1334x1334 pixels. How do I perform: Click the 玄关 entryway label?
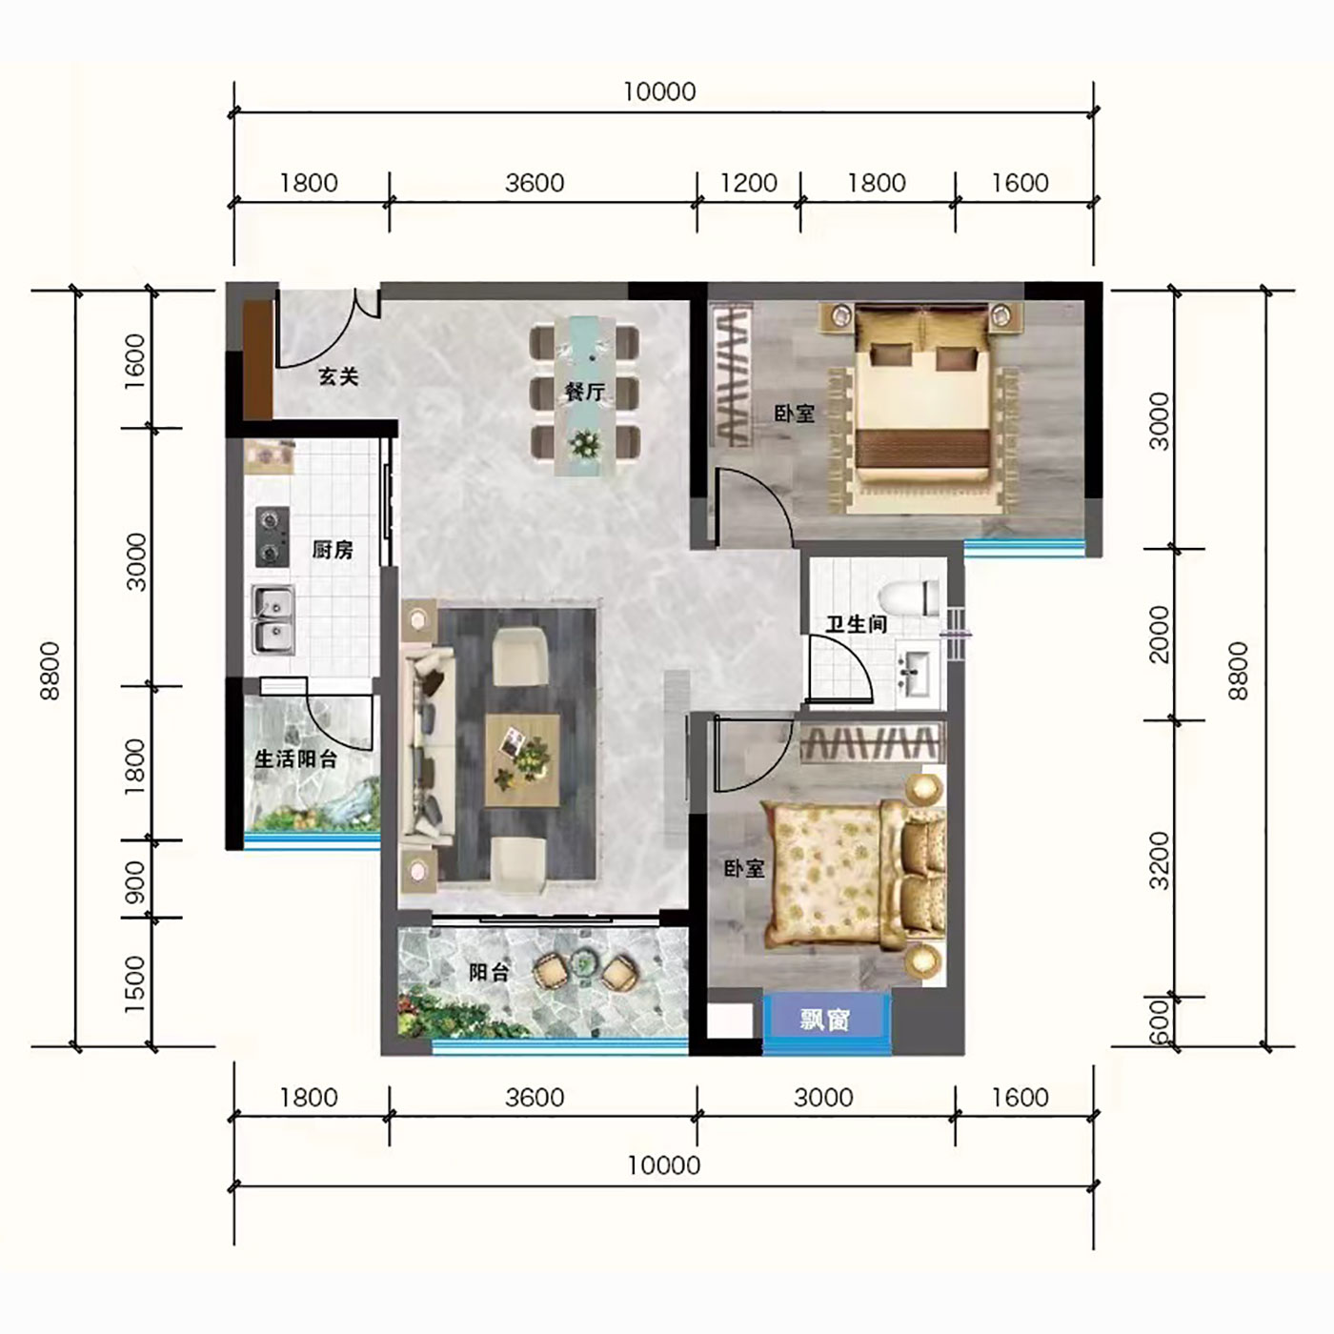338,377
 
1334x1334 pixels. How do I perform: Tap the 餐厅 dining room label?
585,392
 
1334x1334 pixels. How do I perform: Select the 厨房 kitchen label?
333,551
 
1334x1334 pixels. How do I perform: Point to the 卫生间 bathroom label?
857,624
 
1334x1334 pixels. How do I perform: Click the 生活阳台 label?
295,758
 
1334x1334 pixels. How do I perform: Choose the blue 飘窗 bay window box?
825,1019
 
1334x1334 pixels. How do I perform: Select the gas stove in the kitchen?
272,537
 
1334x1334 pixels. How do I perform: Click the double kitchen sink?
273,619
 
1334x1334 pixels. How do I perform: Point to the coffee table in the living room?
522,760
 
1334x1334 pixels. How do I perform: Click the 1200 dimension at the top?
749,184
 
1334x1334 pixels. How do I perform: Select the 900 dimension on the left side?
136,882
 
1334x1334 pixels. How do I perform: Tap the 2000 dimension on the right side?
1158,635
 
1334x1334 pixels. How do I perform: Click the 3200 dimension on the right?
1158,860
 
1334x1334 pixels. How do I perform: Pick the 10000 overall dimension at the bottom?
664,1165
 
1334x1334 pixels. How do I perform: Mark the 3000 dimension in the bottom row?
823,1098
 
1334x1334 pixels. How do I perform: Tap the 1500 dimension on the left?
136,984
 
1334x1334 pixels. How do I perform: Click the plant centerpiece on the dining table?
586,442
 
